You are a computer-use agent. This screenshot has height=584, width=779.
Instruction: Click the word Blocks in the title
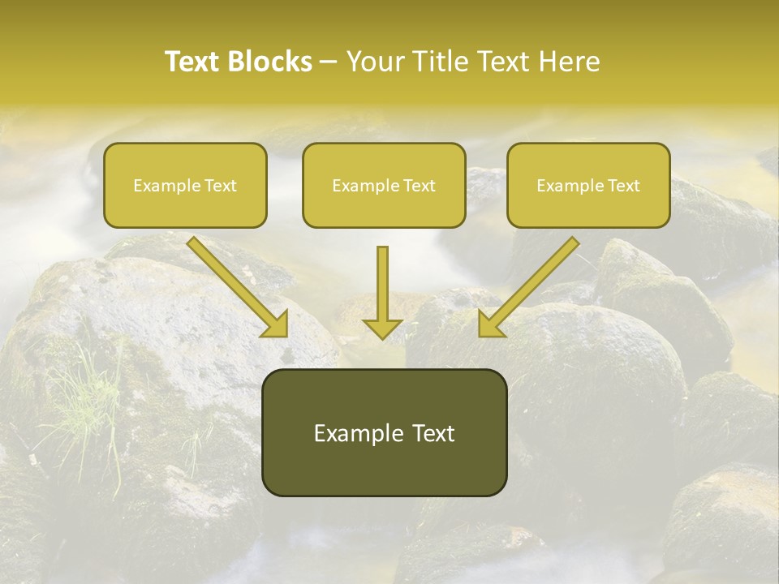pos(271,62)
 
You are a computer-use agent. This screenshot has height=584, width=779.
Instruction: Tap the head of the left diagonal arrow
pos(275,324)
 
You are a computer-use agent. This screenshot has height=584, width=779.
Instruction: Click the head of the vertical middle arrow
pos(382,328)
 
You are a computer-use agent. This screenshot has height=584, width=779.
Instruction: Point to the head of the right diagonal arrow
pos(490,324)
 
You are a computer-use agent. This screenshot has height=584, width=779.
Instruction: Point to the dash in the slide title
pos(329,62)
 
